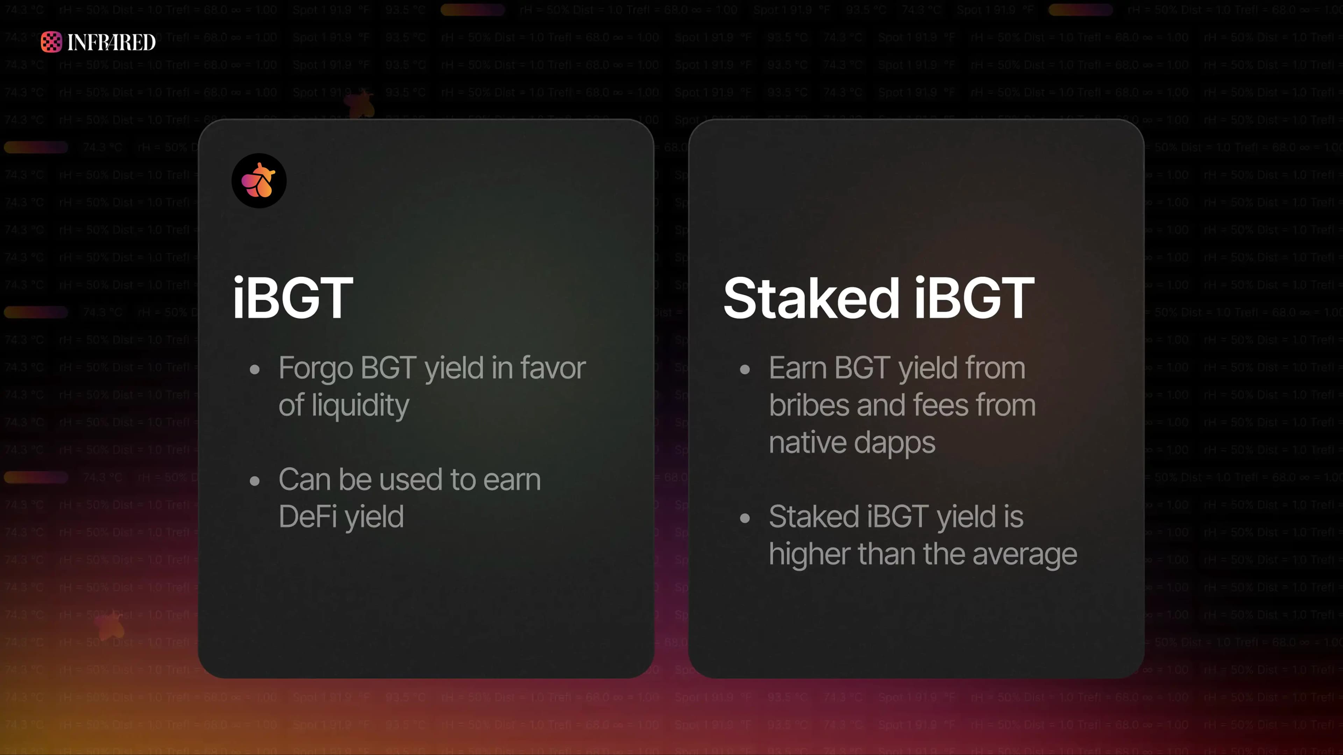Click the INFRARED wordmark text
pos(111,42)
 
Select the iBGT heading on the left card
pos(293,298)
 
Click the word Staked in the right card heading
pos(811,298)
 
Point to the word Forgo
pos(315,369)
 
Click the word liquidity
pos(360,406)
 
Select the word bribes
pos(810,405)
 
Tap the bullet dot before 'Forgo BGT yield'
pos(254,370)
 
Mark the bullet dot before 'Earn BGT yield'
pos(745,370)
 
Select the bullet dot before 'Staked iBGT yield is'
pos(745,518)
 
